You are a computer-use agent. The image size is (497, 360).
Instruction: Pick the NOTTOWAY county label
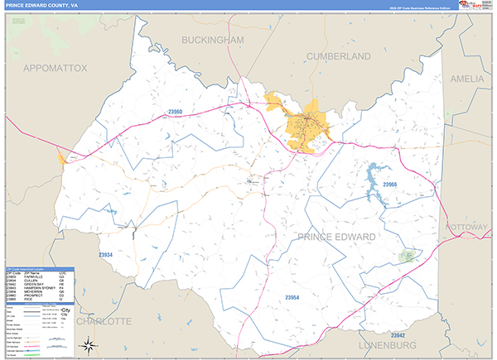pyautogui.click(x=471, y=225)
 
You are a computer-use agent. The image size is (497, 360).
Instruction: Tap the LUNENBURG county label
pyautogui.click(x=387, y=343)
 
